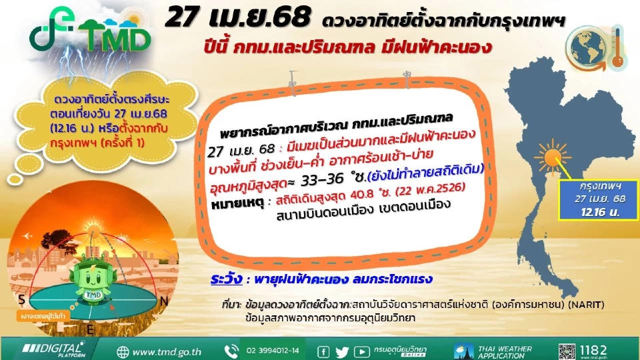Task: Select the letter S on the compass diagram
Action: point(23,298)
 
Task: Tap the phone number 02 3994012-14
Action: point(273,351)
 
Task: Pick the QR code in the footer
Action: point(567,350)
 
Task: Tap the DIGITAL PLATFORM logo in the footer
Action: point(53,350)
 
